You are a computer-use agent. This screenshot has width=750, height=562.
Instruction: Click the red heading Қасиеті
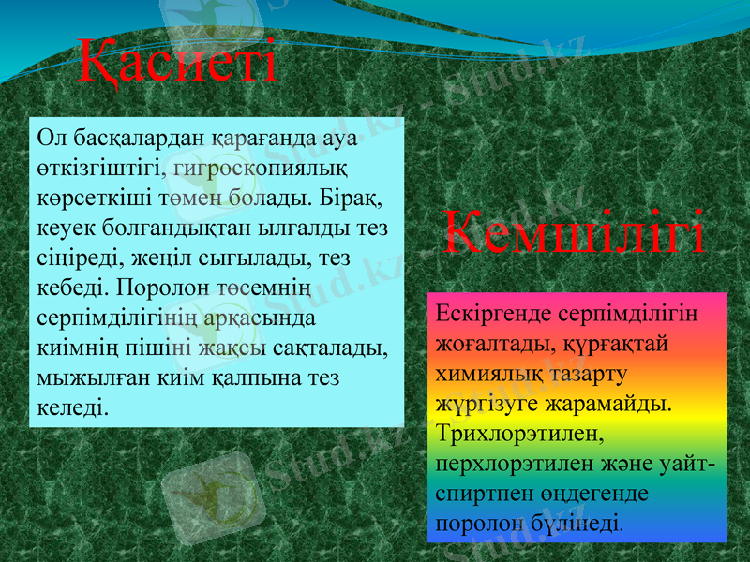click(x=177, y=61)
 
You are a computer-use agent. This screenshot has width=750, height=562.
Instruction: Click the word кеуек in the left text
click(x=66, y=228)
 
